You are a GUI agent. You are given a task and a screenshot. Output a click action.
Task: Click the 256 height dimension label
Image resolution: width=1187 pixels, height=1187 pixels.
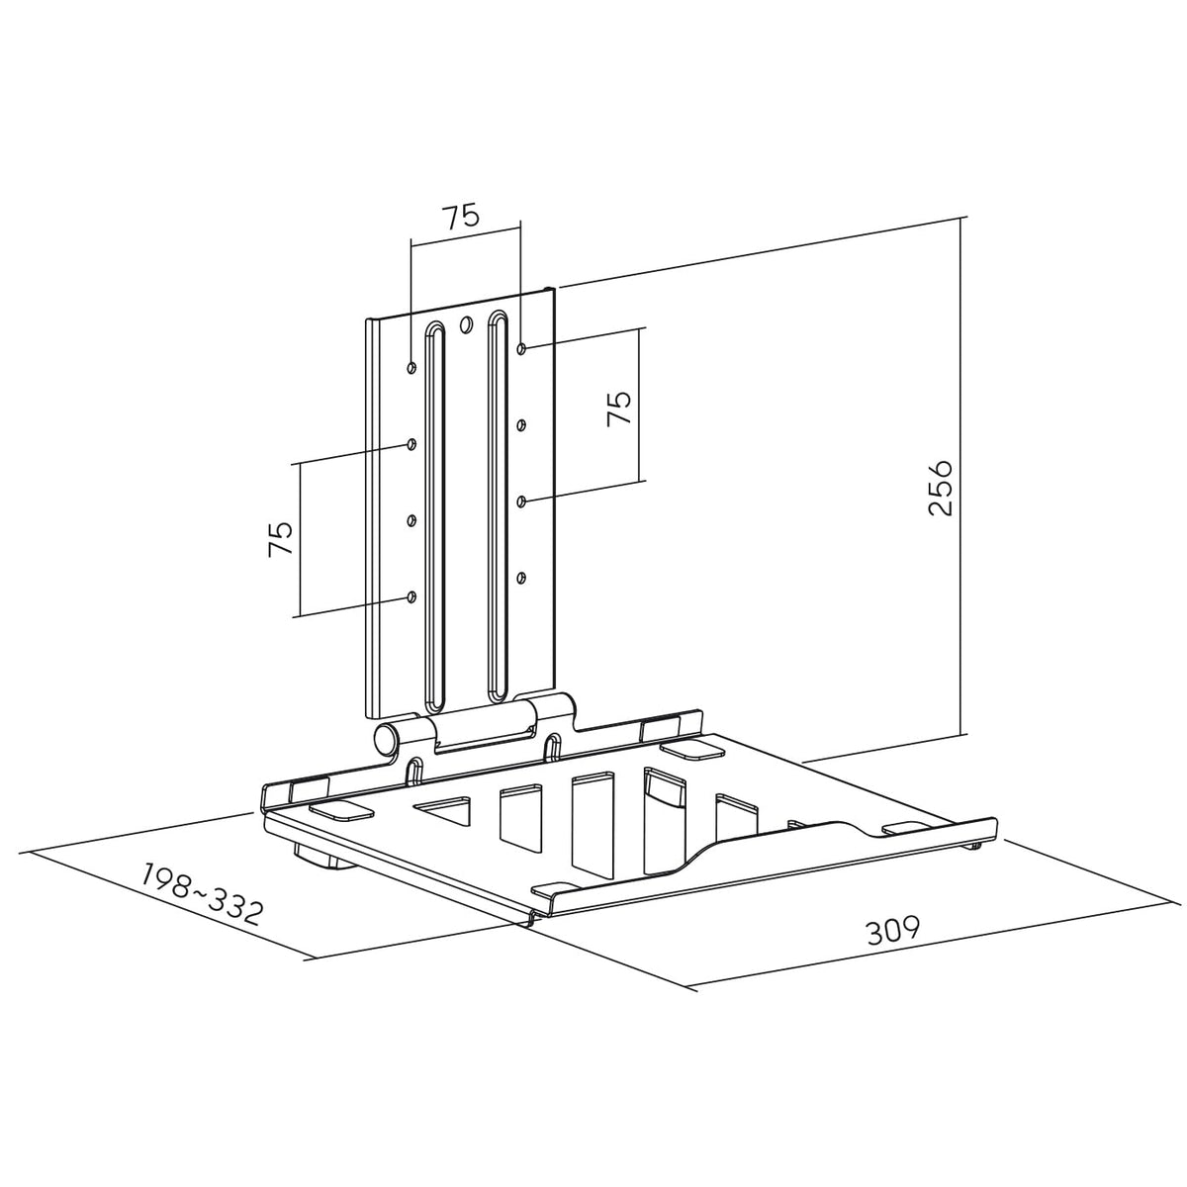coord(940,486)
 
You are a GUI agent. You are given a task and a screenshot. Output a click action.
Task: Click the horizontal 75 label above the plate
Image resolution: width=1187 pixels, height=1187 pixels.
coord(461,217)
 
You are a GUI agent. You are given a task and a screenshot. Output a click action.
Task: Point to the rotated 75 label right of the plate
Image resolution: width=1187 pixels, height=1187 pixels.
coord(619,408)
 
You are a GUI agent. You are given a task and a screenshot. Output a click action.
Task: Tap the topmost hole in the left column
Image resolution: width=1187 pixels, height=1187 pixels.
coord(412,368)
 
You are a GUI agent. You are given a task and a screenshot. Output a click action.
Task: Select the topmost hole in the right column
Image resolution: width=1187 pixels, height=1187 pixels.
coord(521,349)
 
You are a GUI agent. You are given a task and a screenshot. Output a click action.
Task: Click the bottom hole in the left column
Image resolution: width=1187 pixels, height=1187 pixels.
coord(412,596)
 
